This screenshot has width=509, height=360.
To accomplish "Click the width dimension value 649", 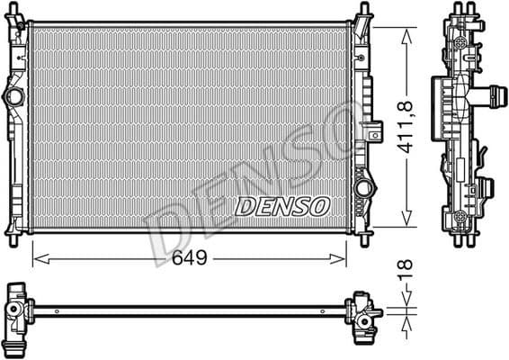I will [190, 259].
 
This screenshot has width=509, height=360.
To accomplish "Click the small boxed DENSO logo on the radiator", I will [281, 207].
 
